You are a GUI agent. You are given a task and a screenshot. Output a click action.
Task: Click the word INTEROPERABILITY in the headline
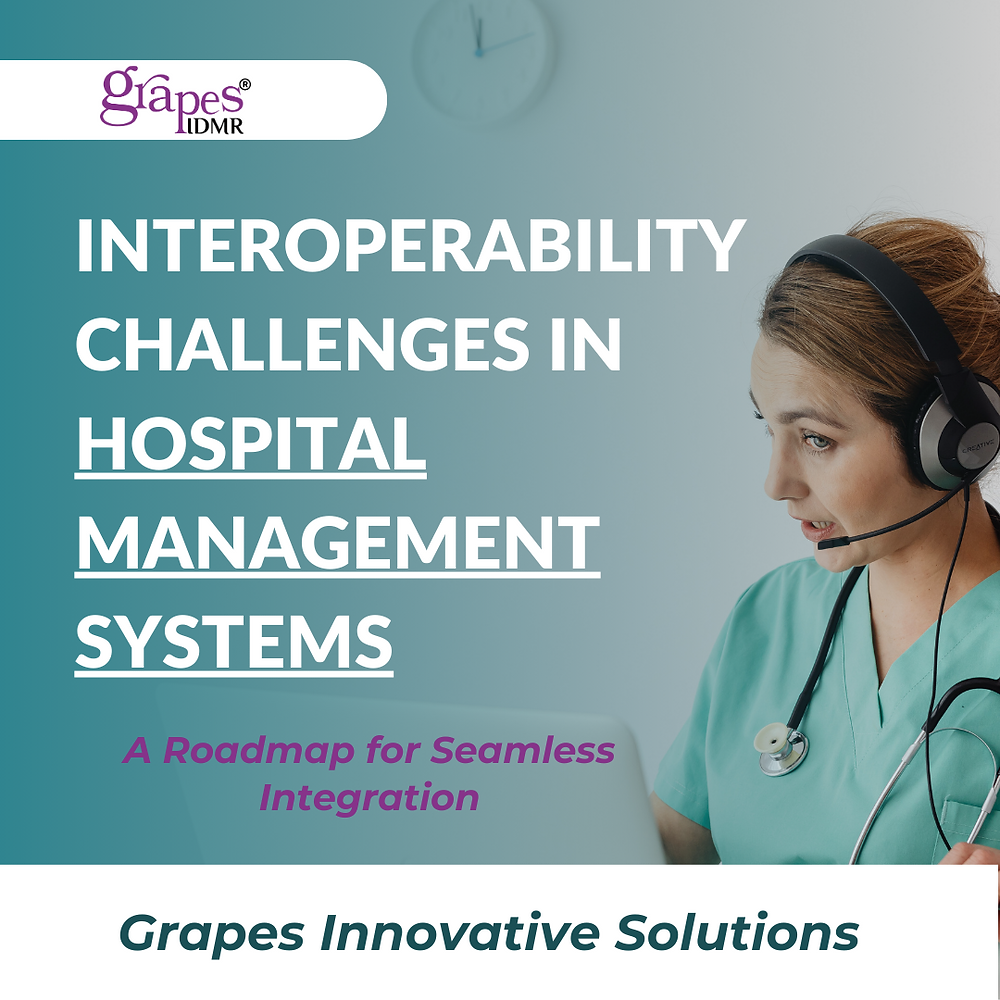410,247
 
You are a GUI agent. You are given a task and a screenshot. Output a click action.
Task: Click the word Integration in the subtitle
368,798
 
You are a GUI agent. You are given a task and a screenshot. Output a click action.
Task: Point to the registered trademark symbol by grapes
245,86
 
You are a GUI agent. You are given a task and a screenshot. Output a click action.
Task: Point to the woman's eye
818,440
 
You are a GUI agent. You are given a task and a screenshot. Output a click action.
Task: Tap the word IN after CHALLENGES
589,343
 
